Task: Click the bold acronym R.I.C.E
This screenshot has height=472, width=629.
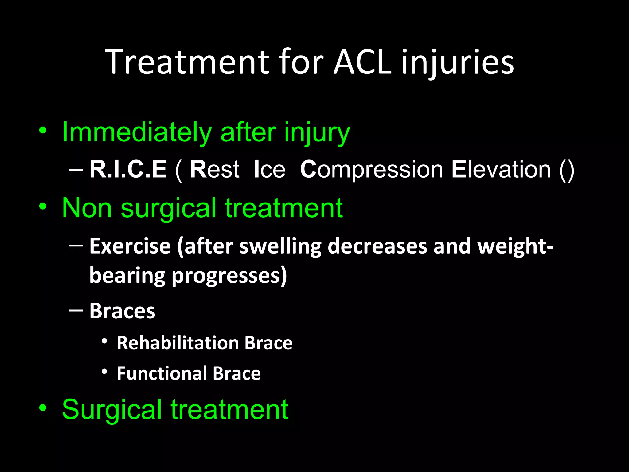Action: [x=128, y=169]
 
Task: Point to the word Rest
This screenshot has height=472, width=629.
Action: [x=214, y=169]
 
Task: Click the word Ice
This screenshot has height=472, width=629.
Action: [x=269, y=169]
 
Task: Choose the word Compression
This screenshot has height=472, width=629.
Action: [x=371, y=169]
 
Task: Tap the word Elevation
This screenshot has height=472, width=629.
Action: [x=501, y=169]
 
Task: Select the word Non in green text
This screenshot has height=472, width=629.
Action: [x=87, y=208]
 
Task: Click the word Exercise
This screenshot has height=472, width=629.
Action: [x=130, y=246]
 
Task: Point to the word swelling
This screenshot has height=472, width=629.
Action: [x=280, y=246]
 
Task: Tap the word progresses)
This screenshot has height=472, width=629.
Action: [x=229, y=276]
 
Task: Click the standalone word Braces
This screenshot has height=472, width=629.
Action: [x=122, y=311]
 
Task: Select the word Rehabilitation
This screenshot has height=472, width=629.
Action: [x=178, y=343]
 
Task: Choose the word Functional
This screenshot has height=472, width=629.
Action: [x=162, y=373]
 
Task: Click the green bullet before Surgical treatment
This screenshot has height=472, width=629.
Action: [x=43, y=408]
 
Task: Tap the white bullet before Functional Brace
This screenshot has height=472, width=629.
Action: [x=104, y=372]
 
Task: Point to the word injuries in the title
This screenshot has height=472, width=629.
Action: [x=458, y=62]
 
